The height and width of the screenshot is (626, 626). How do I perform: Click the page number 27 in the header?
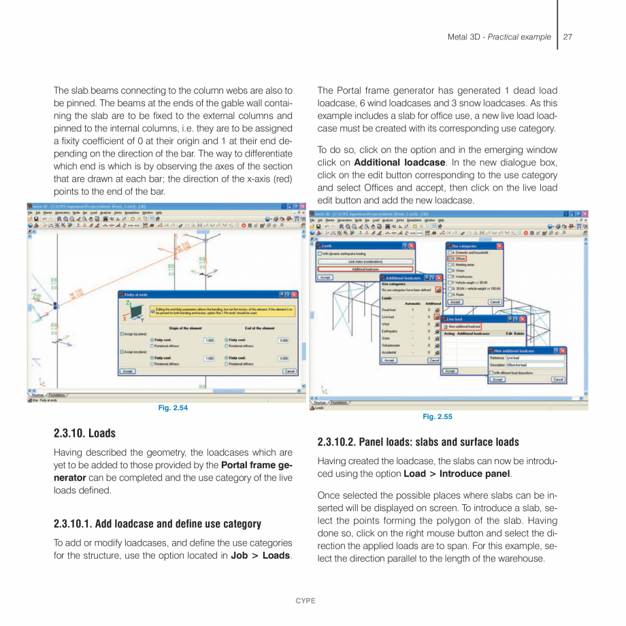[x=567, y=37]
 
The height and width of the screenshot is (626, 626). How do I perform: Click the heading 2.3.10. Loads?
[x=84, y=433]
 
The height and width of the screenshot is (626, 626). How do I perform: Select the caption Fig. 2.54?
[x=173, y=408]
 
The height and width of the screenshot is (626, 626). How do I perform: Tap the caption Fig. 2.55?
[x=437, y=416]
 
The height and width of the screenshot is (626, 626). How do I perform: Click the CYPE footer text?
[x=305, y=601]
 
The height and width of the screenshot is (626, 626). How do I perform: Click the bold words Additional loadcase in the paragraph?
[x=399, y=163]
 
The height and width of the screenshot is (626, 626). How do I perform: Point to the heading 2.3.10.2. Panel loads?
[x=418, y=442]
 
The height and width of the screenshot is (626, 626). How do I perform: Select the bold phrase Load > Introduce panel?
[x=457, y=474]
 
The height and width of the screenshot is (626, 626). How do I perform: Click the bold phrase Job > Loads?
[x=260, y=556]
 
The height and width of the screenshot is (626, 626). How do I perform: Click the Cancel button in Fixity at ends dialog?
[x=289, y=372]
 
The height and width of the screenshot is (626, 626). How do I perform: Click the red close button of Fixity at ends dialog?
[x=295, y=294]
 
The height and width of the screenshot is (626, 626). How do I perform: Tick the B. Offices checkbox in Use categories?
[x=450, y=259]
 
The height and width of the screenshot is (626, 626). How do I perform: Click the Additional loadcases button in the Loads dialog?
[x=365, y=269]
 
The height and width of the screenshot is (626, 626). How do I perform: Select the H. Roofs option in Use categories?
[x=450, y=294]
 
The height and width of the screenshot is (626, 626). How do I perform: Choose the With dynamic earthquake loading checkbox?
[x=320, y=253]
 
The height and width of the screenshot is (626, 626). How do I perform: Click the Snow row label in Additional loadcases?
[x=385, y=337]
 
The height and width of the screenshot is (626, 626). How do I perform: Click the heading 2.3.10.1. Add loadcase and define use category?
[x=157, y=524]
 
